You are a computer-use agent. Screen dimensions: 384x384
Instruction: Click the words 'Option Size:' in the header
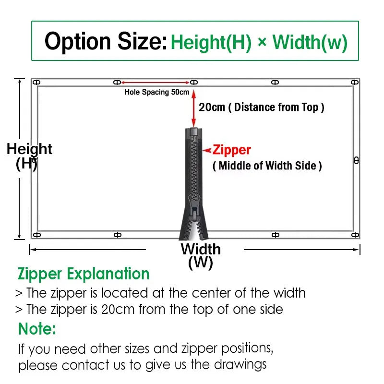[106, 41]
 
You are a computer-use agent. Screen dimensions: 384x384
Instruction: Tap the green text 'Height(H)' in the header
[211, 42]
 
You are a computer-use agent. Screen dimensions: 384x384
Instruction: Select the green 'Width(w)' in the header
[310, 42]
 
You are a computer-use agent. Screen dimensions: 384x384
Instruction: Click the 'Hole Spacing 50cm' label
[157, 92]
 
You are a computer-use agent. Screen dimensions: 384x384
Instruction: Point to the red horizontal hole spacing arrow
[155, 83]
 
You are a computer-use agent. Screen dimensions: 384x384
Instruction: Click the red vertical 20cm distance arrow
[194, 108]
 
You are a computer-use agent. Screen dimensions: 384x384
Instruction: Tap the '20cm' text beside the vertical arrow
[212, 107]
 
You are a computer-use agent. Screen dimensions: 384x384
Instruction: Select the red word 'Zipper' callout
[232, 150]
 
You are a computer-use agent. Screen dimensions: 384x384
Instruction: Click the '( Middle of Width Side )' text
[267, 166]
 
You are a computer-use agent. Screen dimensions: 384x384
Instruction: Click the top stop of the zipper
[194, 131]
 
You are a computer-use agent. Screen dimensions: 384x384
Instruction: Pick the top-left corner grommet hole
[36, 82]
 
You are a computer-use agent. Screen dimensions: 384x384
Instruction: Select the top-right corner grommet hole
[355, 82]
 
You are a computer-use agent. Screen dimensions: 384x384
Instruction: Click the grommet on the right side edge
[356, 161]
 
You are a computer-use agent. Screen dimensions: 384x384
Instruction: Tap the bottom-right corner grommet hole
[355, 235]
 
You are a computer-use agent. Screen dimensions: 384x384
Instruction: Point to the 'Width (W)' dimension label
[201, 256]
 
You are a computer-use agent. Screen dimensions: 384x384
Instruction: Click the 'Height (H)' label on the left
[29, 156]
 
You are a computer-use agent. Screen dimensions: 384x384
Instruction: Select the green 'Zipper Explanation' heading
[84, 274]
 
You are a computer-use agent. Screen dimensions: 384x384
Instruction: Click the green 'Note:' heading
[37, 329]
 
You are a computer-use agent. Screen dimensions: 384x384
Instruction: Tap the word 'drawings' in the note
[240, 365]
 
